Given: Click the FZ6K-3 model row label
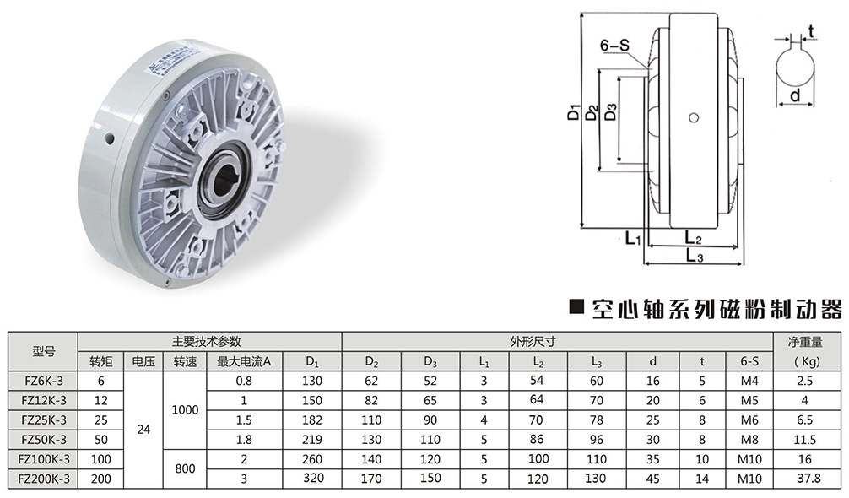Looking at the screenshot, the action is click(x=44, y=381).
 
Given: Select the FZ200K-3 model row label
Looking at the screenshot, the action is click(x=44, y=479).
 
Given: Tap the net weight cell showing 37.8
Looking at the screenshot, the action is click(x=805, y=479).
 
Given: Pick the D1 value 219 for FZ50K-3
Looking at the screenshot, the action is click(x=312, y=440).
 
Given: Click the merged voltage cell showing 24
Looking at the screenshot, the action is click(x=143, y=430).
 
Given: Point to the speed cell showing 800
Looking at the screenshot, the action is click(x=185, y=468).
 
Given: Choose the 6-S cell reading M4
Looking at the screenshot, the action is click(x=749, y=381).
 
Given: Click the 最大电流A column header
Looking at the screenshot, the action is click(x=244, y=361).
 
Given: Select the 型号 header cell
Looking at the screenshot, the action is click(x=44, y=351).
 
